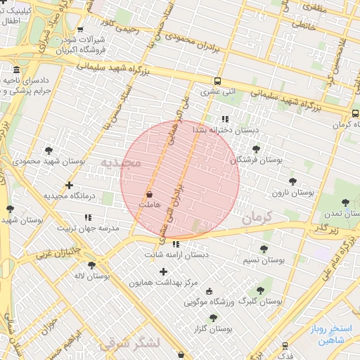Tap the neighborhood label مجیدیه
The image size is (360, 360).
click(120, 162)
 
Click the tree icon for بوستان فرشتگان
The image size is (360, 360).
click(256, 149)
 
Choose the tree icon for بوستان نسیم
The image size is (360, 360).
click(264, 249)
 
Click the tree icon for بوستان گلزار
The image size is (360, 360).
click(213, 318)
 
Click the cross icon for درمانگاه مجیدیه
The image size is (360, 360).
click(69, 186)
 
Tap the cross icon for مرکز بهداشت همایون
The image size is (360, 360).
click(164, 271)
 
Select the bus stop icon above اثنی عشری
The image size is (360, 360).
click(217, 81)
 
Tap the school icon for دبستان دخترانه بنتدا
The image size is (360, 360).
click(225, 120)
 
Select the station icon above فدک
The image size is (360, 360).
click(285, 346)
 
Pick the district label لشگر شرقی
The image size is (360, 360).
click(130, 342)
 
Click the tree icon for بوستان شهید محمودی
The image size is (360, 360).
click(49, 150)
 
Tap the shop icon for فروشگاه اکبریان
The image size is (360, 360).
click(80, 30)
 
